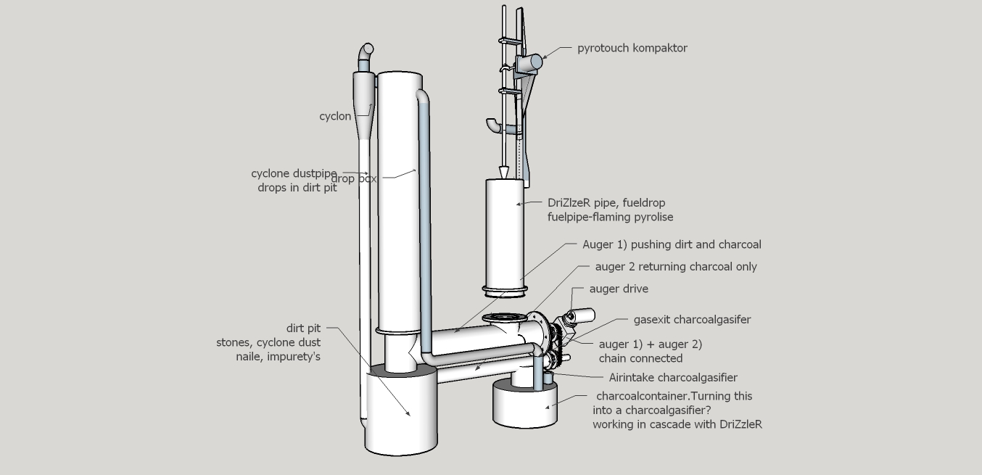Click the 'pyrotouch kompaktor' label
point(632,49)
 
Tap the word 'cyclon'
point(335,116)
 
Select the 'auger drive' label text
point(619,289)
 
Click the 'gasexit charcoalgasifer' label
point(692,319)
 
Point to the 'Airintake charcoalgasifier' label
point(673,377)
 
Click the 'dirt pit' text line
point(303,329)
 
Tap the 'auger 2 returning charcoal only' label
point(675,267)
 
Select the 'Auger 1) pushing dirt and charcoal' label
point(672,245)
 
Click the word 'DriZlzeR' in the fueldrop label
point(569,203)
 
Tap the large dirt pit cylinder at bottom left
point(401,413)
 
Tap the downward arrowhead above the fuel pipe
point(503,173)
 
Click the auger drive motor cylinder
point(582,315)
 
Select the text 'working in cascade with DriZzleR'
point(677,424)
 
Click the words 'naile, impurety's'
point(278,357)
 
